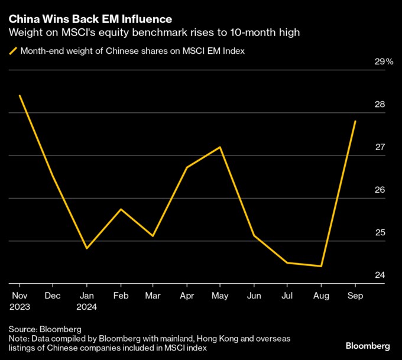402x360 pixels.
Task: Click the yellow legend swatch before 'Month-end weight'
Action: click(x=12, y=51)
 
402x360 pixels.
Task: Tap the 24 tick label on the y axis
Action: click(x=380, y=275)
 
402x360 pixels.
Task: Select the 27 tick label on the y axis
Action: click(x=380, y=147)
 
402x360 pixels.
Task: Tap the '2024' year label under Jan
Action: click(x=87, y=307)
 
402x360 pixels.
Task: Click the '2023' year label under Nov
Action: click(x=20, y=307)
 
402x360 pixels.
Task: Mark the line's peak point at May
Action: click(x=221, y=147)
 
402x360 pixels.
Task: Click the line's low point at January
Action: click(x=87, y=248)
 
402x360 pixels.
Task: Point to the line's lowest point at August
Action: click(x=321, y=266)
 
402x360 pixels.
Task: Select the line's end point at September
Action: click(x=355, y=121)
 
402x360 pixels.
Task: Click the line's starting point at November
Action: click(x=20, y=95)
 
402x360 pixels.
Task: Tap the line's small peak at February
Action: click(x=121, y=209)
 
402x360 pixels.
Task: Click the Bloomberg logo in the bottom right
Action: click(x=367, y=345)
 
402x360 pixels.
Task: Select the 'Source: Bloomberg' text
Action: click(x=45, y=328)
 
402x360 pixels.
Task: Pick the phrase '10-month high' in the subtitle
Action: click(x=273, y=33)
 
